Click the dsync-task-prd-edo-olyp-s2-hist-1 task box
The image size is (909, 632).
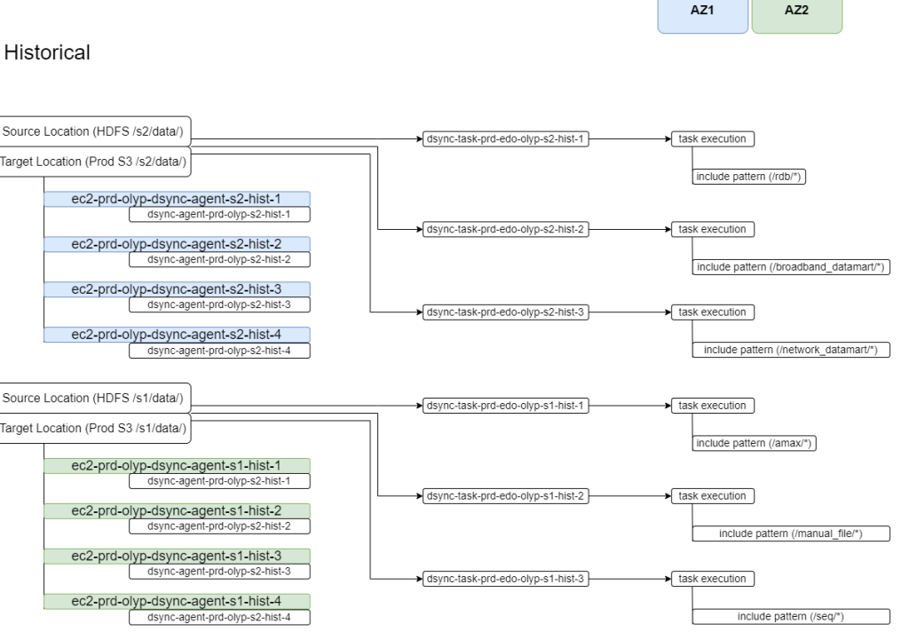pos(506,139)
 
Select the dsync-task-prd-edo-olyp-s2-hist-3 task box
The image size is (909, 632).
pos(506,312)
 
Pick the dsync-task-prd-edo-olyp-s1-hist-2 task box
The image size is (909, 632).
pos(506,495)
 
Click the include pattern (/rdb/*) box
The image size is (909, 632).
pos(754,178)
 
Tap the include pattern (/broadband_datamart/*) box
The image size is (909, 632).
pos(793,268)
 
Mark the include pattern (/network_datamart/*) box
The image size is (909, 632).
pos(791,351)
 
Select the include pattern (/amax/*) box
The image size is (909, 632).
pos(754,444)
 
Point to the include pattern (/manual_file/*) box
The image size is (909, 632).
pos(791,533)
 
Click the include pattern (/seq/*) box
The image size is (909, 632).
pos(791,617)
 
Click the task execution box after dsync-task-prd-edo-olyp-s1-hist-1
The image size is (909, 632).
pos(712,406)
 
